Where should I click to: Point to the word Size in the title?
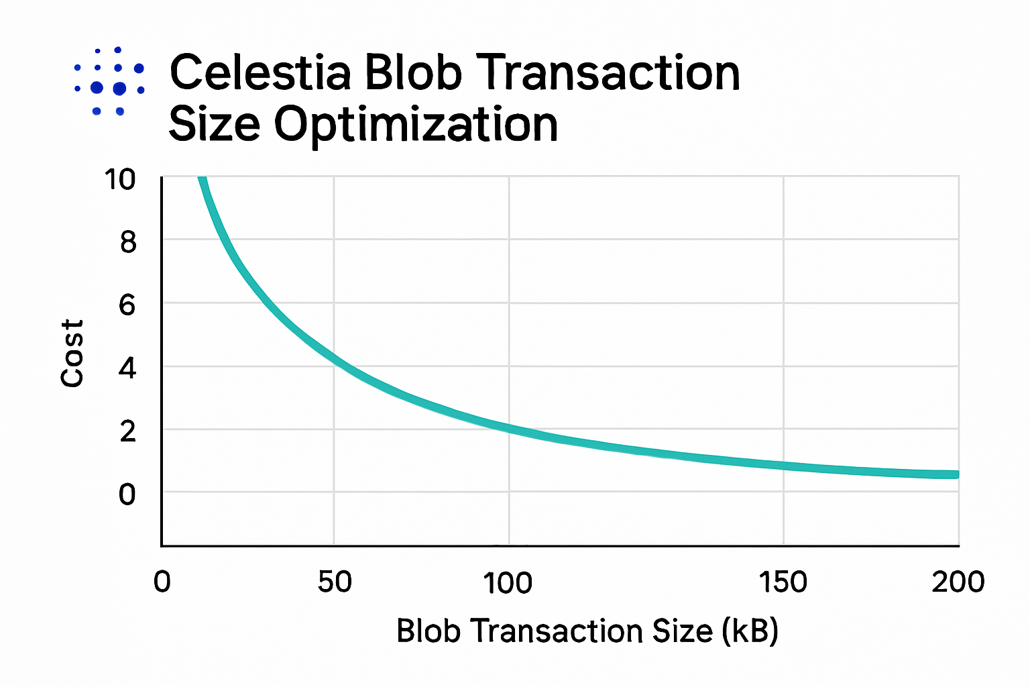click(214, 125)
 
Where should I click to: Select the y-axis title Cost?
click(72, 353)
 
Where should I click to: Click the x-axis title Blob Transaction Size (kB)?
click(587, 631)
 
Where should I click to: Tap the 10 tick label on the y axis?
click(120, 180)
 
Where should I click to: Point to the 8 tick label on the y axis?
click(128, 242)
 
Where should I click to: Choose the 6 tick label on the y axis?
click(127, 306)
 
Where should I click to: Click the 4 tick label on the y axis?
click(127, 368)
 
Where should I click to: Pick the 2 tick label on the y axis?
click(128, 431)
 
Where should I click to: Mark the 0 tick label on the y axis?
click(127, 495)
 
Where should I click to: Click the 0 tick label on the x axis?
click(162, 582)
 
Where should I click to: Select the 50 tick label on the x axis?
click(335, 582)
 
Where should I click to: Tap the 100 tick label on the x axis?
click(508, 582)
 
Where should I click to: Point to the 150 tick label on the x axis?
click(783, 582)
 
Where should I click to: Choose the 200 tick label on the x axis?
click(958, 582)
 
